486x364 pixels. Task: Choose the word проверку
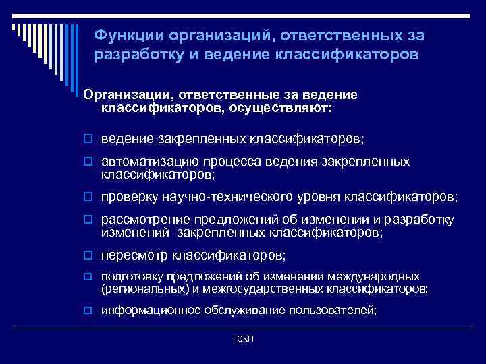pyautogui.click(x=129, y=197)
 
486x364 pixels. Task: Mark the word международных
pyautogui.click(x=374, y=277)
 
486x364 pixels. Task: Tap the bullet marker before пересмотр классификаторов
pyautogui.click(x=88, y=255)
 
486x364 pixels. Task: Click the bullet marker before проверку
pyautogui.click(x=88, y=198)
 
